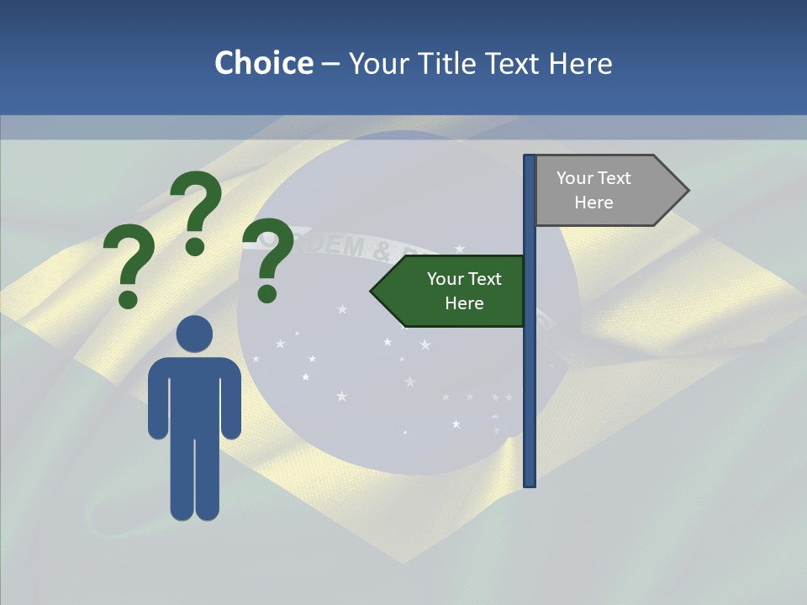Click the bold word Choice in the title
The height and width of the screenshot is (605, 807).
(263, 63)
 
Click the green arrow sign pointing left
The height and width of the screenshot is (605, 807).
(450, 291)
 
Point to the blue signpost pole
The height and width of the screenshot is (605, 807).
(530, 378)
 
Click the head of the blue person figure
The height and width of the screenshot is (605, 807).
(194, 334)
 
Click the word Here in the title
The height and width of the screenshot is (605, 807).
(581, 63)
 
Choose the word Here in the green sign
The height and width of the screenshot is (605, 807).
(464, 303)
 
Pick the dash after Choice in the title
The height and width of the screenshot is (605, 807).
(330, 65)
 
